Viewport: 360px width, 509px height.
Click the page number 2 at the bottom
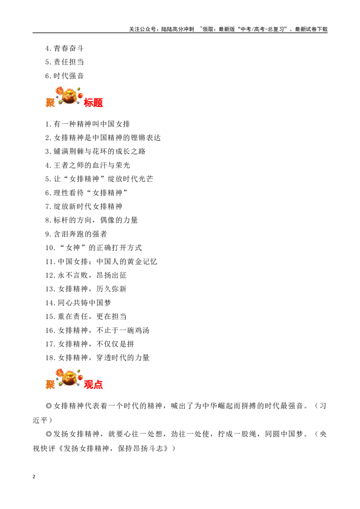coord(34,477)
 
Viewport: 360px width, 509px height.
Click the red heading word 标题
coord(93,103)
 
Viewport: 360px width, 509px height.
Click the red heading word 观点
coord(93,384)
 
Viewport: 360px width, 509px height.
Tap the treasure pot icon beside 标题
coord(69,96)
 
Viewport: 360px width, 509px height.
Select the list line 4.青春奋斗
coord(64,49)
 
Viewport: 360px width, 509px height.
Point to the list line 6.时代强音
coord(64,76)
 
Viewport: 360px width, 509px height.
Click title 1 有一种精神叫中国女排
coord(87,124)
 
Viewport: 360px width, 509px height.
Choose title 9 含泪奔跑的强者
coord(76,234)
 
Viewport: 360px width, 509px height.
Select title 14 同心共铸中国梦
coord(78,303)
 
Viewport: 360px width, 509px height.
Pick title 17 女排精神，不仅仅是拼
coord(90,344)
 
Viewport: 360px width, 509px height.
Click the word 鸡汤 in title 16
coord(142,330)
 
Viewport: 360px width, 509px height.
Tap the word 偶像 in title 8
coord(108,220)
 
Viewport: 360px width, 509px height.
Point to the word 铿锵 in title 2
coord(138,138)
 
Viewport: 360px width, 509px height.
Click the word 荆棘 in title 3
coord(76,151)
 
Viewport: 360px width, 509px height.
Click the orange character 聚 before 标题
coord(50,103)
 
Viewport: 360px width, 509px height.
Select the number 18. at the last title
coord(50,358)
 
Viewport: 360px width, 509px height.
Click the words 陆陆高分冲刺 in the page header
coord(178,29)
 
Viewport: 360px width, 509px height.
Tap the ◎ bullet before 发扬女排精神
coord(49,434)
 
